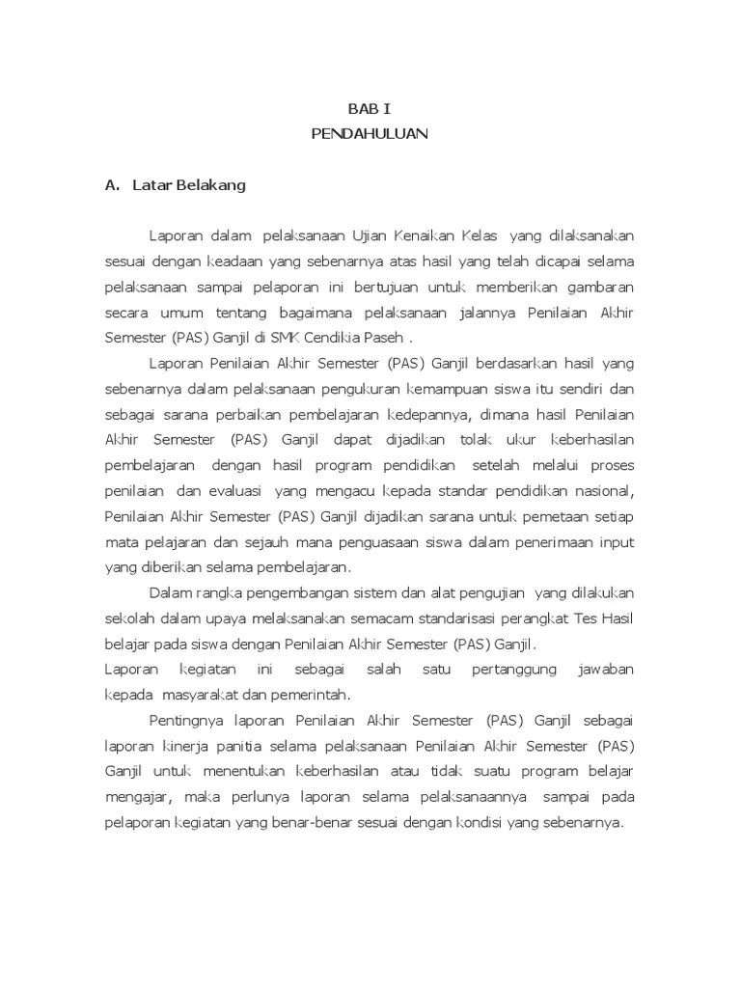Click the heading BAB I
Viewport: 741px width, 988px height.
point(370,109)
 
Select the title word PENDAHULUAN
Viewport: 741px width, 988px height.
point(370,134)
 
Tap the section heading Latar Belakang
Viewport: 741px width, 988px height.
point(190,185)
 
